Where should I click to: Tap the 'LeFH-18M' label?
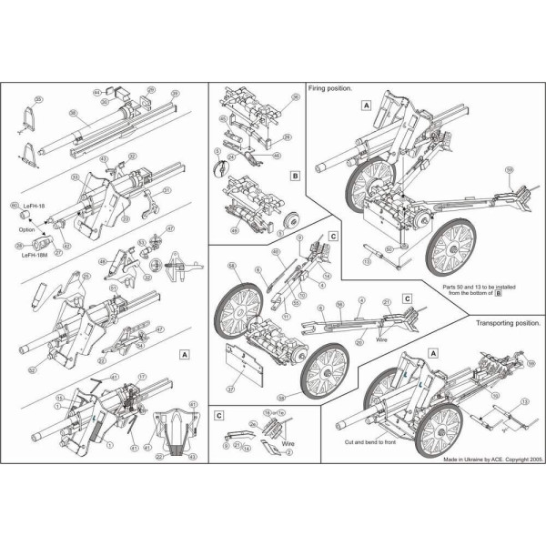point(36,256)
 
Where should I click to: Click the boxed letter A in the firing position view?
point(366,106)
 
